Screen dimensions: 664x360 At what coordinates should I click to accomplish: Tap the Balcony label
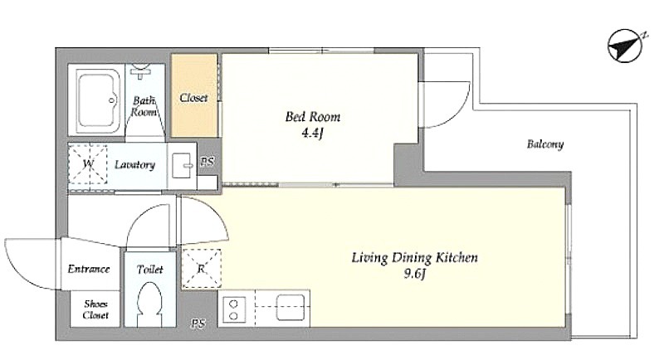pos(545,144)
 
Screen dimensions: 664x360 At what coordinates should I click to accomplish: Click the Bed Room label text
pos(313,117)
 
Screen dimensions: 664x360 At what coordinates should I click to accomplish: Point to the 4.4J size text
pos(313,134)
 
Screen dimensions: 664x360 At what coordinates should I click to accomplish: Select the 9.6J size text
pos(414,274)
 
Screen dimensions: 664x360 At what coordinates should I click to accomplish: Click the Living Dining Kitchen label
pos(414,258)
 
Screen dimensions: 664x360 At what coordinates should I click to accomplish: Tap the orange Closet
pos(194,95)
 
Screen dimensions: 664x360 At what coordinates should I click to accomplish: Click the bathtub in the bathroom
pos(97,100)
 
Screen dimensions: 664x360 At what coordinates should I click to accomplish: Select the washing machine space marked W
pos(88,164)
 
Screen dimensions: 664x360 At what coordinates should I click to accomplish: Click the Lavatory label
pos(134,164)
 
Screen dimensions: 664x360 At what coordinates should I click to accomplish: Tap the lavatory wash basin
pos(183,166)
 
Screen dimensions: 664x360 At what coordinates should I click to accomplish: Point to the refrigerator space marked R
pos(201,269)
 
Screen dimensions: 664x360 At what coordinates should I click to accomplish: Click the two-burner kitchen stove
pos(233,309)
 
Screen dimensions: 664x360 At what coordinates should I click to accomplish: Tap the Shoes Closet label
pos(95,309)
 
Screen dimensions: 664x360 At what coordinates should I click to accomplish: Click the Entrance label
pos(89,269)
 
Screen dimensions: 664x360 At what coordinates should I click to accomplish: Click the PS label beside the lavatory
pos(207,162)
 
